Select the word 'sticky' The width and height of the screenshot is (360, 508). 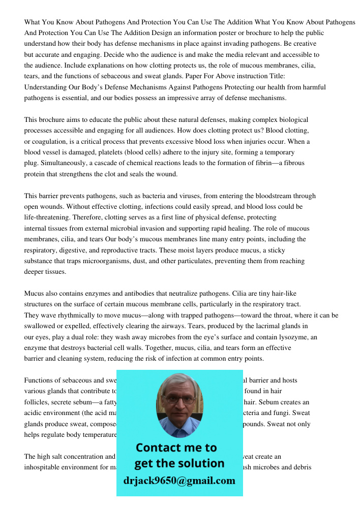tap(275, 250)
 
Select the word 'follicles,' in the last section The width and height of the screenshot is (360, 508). tap(38, 402)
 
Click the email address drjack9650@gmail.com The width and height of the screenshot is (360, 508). tap(179, 481)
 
